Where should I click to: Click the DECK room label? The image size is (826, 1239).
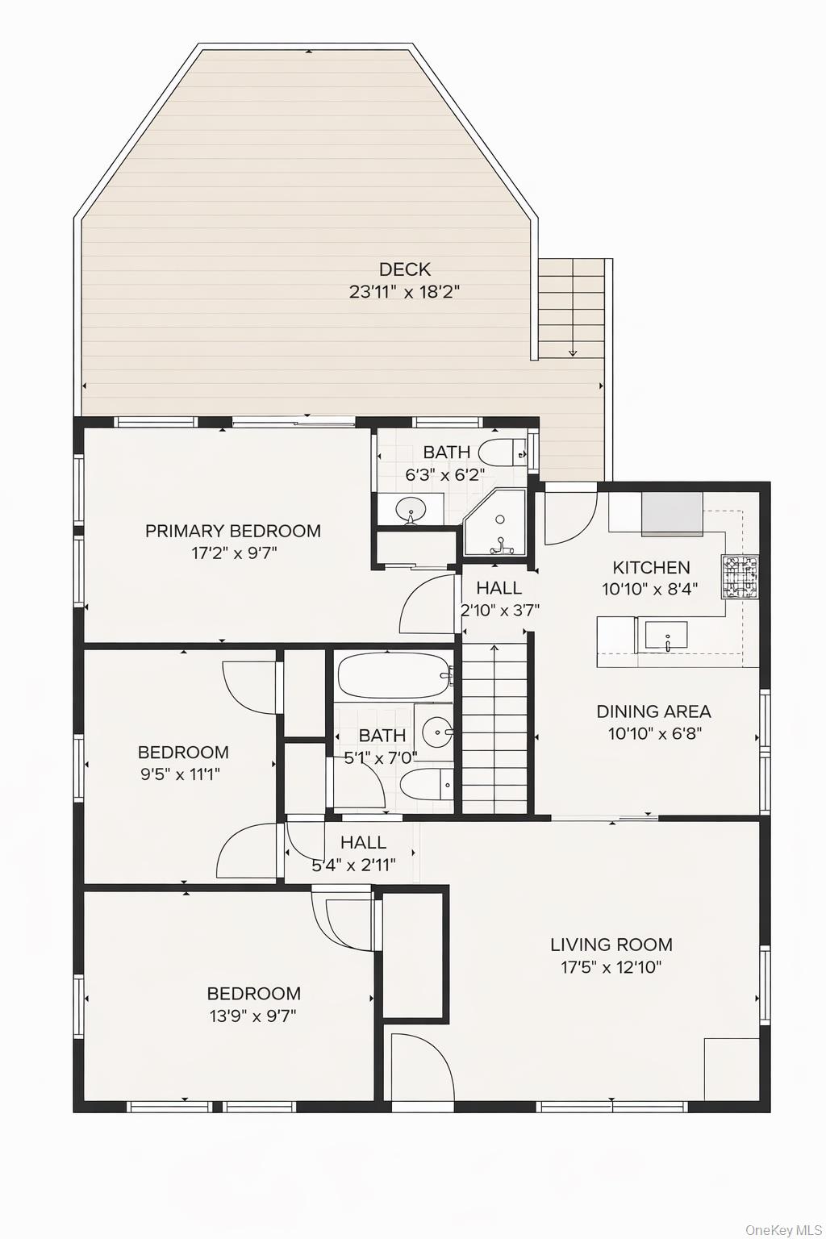coord(404,269)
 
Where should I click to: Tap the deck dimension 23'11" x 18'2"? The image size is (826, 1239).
coord(404,292)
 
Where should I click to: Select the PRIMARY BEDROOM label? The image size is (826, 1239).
coord(232,531)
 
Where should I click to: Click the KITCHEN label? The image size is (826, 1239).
coord(651,567)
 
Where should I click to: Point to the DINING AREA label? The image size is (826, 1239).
coord(653,711)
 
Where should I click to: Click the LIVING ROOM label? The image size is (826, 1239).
coord(611,945)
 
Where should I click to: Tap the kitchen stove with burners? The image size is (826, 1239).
coord(740,577)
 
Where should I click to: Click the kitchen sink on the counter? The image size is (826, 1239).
coord(665,635)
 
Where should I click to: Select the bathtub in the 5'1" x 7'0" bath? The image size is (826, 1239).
coord(394,676)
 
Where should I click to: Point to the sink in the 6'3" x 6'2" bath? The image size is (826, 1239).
coord(411,510)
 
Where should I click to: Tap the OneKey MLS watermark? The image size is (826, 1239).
coord(782,1229)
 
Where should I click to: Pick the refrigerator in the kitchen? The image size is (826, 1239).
coord(671,514)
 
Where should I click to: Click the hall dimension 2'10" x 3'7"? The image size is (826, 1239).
coord(499,611)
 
